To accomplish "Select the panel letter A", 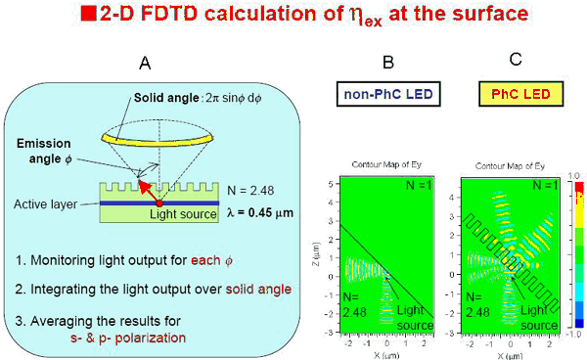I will (144, 63).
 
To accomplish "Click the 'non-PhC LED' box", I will (387, 94).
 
